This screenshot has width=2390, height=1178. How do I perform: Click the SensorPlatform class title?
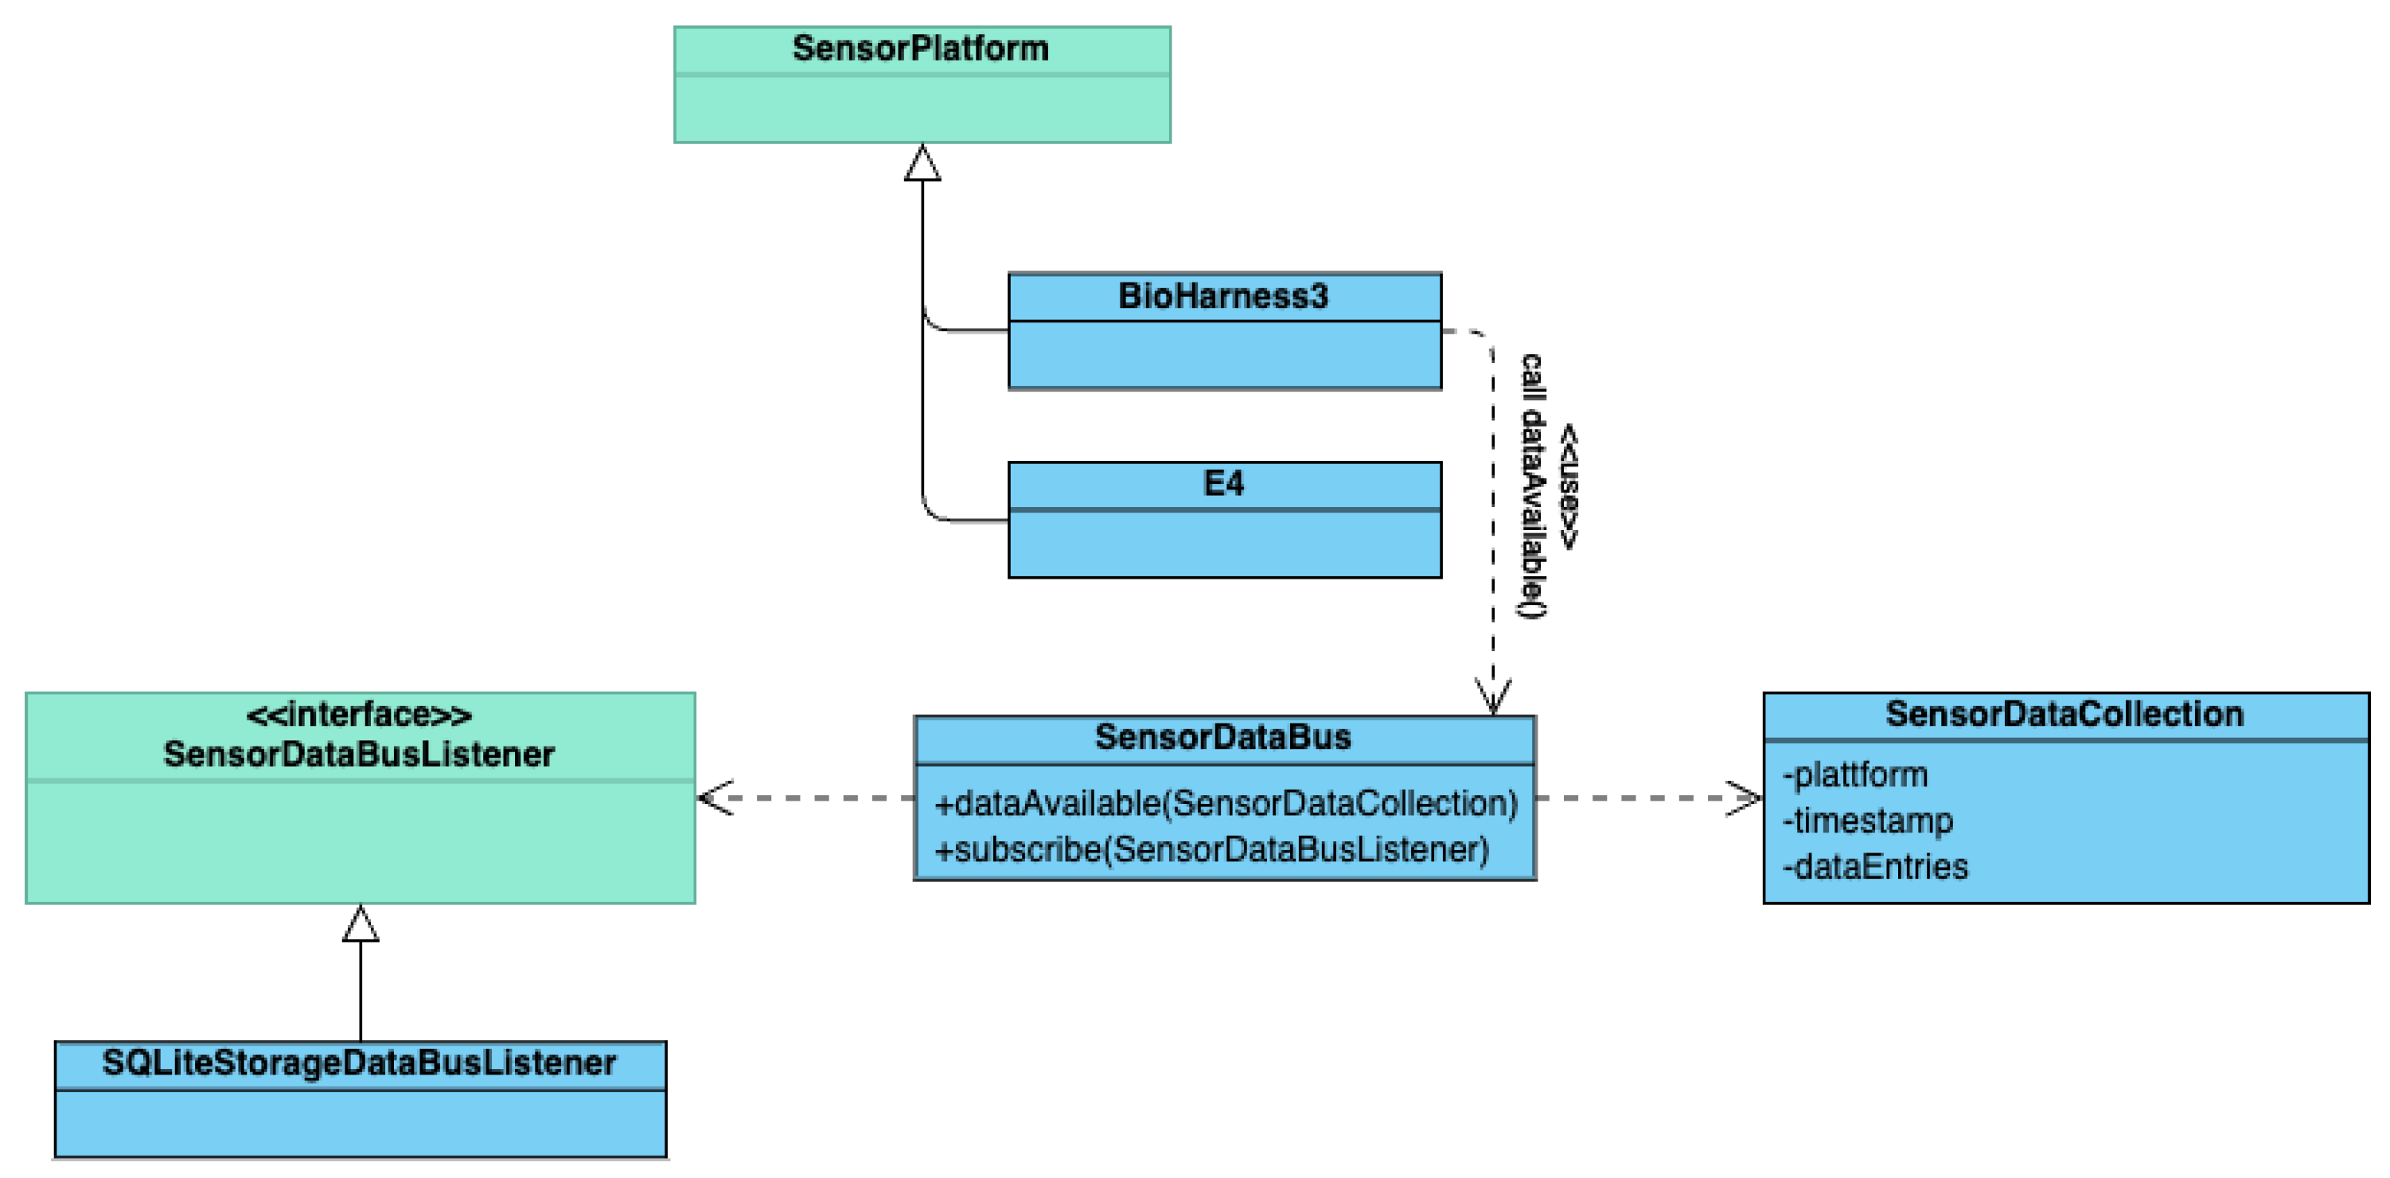click(x=920, y=49)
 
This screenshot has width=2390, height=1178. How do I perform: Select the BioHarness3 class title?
click(x=1222, y=296)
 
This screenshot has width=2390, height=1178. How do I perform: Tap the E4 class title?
click(x=1222, y=483)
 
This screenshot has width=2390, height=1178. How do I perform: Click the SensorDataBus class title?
click(x=1222, y=736)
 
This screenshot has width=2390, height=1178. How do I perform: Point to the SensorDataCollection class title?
click(x=2064, y=713)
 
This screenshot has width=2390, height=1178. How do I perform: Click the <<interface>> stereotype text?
click(x=359, y=714)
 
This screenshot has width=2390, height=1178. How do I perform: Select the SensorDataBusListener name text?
click(x=359, y=754)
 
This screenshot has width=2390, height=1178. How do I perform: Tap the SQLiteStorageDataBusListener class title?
click(x=359, y=1062)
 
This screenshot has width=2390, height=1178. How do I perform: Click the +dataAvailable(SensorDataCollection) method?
click(x=1226, y=803)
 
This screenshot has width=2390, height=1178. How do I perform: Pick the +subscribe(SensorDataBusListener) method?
click(x=1211, y=848)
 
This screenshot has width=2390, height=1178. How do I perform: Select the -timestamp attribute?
click(x=1868, y=820)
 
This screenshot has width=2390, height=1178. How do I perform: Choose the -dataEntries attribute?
click(x=1875, y=866)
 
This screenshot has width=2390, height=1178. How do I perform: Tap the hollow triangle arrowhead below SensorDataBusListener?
click(x=360, y=924)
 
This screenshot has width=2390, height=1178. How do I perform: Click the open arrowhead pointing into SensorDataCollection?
click(x=1745, y=798)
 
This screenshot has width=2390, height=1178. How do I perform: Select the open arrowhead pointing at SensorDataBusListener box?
click(x=715, y=798)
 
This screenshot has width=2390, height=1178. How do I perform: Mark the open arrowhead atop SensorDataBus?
click(x=1493, y=696)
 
